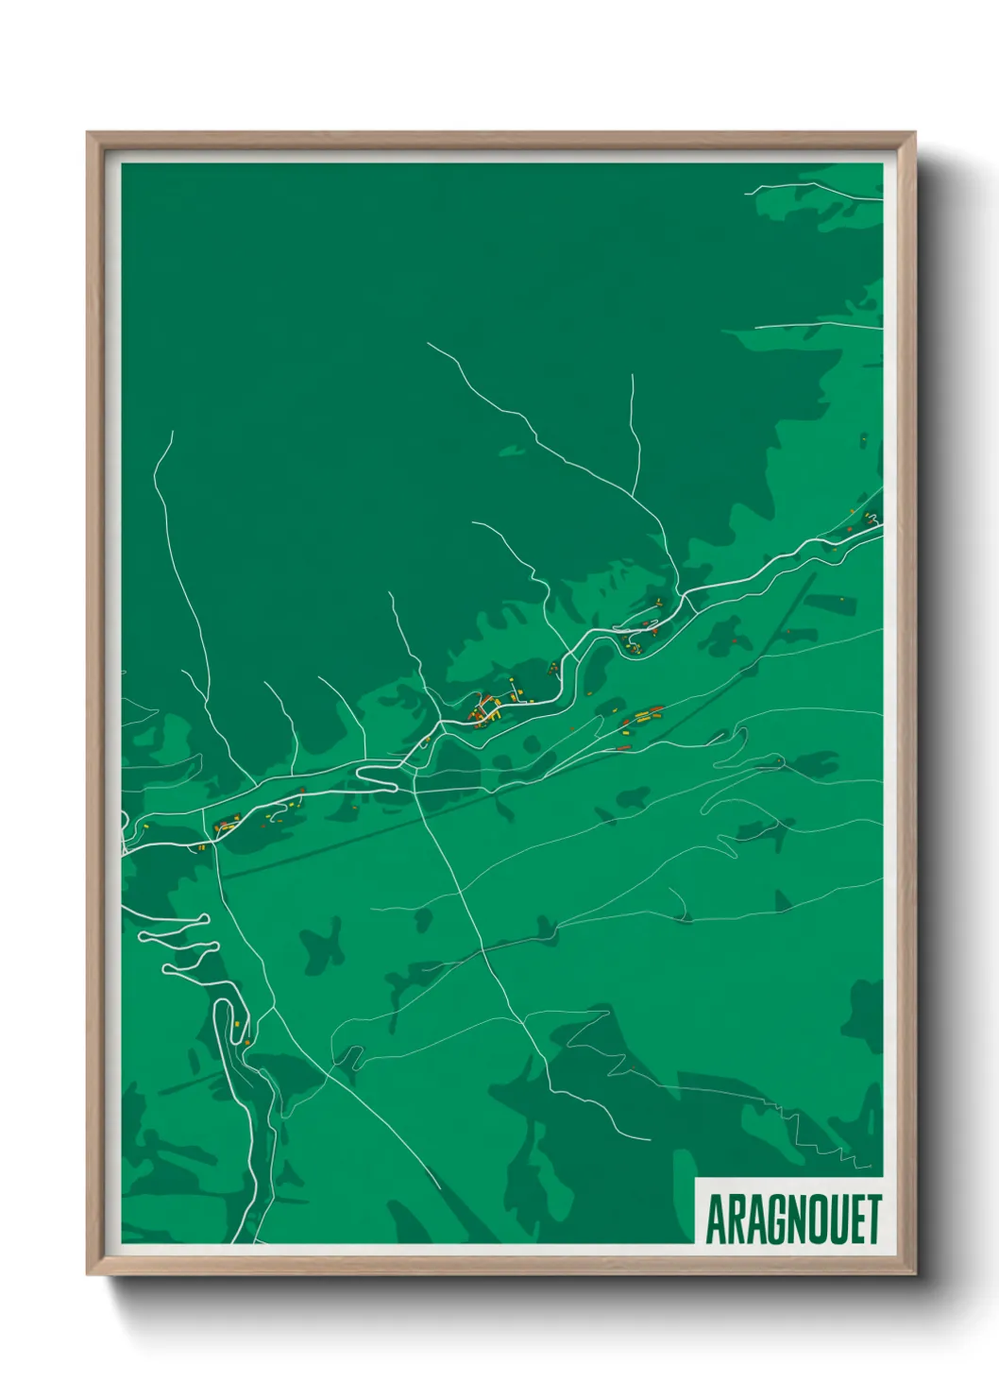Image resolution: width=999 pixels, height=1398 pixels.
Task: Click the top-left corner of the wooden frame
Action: coord(88,133)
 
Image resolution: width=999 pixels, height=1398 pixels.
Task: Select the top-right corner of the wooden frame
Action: coord(914,133)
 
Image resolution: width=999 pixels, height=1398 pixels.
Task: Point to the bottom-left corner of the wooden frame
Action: coord(88,1273)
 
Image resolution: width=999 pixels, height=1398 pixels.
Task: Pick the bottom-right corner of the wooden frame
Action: coord(914,1273)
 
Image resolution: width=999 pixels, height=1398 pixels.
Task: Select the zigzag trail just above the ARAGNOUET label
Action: coord(831,1141)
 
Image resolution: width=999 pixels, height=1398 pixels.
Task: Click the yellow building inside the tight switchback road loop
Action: coord(235,1025)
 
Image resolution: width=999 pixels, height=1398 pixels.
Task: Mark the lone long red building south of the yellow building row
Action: coord(622,747)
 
